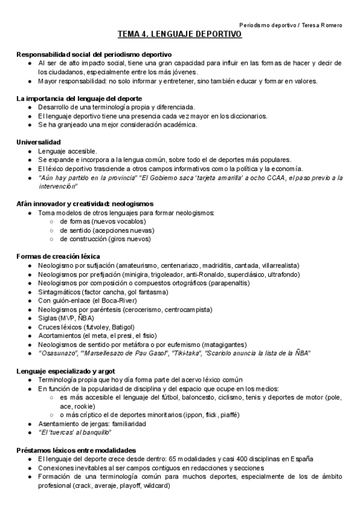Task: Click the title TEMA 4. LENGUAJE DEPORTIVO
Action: pos(179,35)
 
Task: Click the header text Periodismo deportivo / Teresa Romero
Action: pos(290,25)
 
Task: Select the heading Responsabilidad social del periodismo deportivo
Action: pos(94,54)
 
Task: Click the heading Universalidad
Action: pos(38,142)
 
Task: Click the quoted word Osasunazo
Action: pos(60,354)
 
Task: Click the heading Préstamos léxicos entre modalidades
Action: pos(76,450)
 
